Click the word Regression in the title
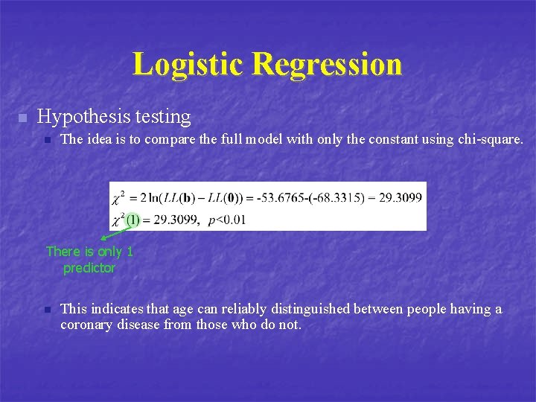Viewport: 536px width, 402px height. (x=327, y=65)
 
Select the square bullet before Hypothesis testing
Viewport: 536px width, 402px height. (x=22, y=118)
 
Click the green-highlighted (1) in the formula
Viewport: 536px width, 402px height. (x=133, y=220)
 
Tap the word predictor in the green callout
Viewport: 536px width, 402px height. (x=89, y=268)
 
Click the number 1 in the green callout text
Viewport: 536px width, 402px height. (x=129, y=252)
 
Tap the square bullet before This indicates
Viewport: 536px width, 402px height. (x=45, y=310)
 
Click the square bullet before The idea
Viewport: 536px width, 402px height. (x=45, y=140)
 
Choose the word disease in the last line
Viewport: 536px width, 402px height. (x=138, y=325)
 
